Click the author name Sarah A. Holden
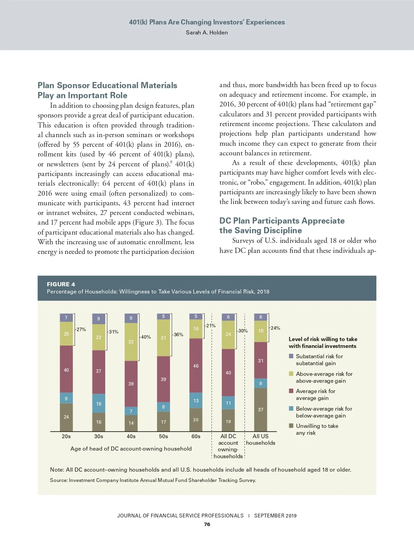tap(207, 33)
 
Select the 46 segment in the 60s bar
tap(196, 366)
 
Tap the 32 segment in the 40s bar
tap(131, 342)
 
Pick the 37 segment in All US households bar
tap(260, 410)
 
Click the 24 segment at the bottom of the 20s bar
tap(66, 417)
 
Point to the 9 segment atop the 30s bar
tap(99, 319)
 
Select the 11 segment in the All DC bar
tap(228, 403)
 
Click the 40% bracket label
tap(146, 337)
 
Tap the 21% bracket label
tap(211, 326)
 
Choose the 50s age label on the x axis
tap(164, 436)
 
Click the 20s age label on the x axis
tap(66, 436)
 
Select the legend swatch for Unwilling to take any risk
tap(291, 426)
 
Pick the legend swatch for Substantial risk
tap(291, 356)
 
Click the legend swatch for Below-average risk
tap(291, 409)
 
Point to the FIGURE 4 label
tap(61, 284)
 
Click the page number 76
tap(207, 524)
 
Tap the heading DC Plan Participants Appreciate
tap(282, 221)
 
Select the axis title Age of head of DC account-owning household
tap(131, 449)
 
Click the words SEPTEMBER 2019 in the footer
tap(275, 516)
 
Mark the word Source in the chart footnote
tap(58, 480)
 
